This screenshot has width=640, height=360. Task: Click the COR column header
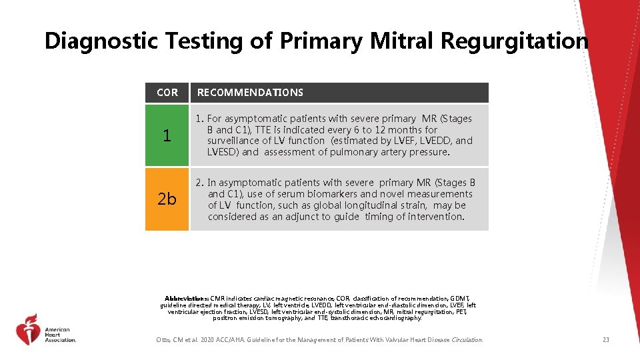point(167,93)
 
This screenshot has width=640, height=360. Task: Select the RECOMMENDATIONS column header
point(250,93)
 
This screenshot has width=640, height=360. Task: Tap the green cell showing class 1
point(167,135)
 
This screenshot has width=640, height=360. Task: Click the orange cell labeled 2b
point(167,199)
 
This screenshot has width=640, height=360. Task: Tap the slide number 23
point(605,340)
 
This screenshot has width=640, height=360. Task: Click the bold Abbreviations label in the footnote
point(187,299)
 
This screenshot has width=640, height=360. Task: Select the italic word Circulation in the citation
point(467,340)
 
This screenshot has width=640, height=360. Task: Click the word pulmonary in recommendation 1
point(357,152)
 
